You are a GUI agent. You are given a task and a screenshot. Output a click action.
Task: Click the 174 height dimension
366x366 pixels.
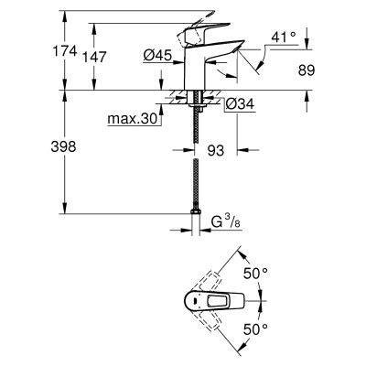(x=65, y=50)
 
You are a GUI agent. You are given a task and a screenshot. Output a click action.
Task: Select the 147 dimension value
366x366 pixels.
(x=94, y=57)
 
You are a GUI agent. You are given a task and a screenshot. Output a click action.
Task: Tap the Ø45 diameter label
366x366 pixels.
(x=157, y=55)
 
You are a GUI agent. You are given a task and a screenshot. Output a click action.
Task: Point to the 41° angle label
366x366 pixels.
(x=284, y=38)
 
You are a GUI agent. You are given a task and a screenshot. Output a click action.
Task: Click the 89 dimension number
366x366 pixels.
(x=306, y=70)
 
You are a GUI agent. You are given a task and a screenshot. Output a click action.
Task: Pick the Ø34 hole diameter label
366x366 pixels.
(x=240, y=104)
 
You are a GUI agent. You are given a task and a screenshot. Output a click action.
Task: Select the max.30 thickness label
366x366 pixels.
(x=132, y=119)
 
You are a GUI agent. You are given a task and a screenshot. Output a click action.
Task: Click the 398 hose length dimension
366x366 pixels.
(x=63, y=146)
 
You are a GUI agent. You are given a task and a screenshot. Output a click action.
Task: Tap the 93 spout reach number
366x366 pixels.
(x=215, y=150)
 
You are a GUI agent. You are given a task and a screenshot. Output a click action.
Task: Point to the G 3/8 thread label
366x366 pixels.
(x=226, y=222)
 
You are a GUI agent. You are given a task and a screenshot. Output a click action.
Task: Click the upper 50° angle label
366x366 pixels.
(x=255, y=274)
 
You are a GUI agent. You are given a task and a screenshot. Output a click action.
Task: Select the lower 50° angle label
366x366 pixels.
(x=255, y=328)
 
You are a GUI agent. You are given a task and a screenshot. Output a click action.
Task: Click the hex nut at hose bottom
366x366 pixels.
(x=196, y=211)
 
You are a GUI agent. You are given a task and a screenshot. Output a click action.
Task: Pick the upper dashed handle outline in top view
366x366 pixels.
(x=208, y=281)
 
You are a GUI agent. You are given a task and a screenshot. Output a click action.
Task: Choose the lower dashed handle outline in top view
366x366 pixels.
(x=208, y=320)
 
